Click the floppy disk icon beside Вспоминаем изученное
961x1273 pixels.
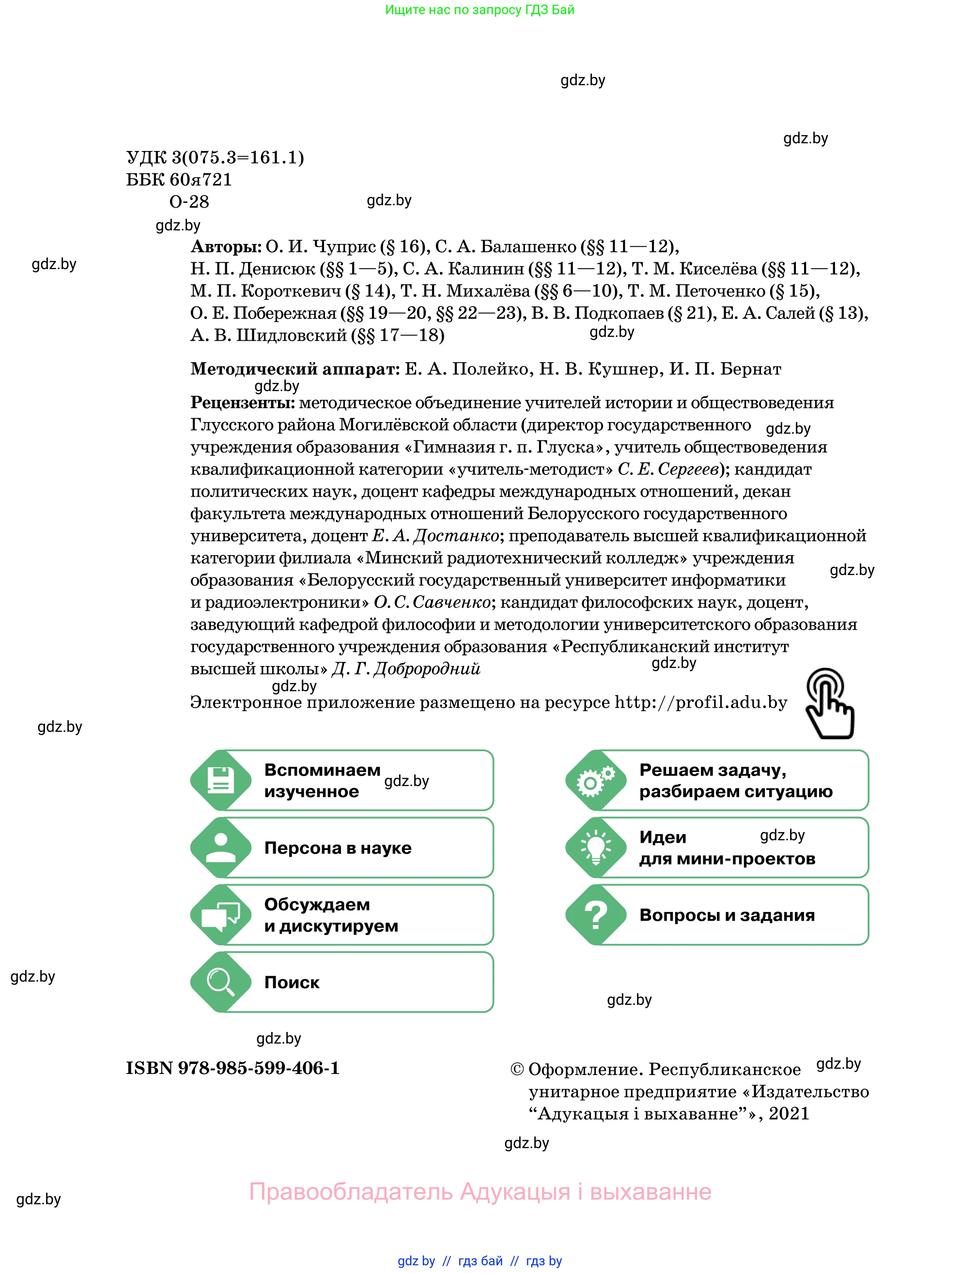click(220, 780)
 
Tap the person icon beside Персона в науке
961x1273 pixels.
click(220, 847)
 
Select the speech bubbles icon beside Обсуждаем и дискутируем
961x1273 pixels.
click(220, 914)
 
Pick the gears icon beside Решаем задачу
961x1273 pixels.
click(596, 780)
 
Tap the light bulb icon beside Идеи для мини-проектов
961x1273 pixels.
click(596, 847)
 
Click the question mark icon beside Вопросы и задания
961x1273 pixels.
click(596, 914)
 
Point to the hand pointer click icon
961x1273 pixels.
click(829, 703)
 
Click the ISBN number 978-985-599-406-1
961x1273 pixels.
click(259, 1068)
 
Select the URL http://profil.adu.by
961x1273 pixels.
click(701, 703)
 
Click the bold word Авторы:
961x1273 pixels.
click(226, 247)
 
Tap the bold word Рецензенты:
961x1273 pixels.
click(242, 403)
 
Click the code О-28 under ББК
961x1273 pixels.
click(189, 202)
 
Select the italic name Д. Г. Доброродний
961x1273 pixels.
click(406, 669)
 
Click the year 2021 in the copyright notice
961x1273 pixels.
click(789, 1114)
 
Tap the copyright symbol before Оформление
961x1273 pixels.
click(517, 1069)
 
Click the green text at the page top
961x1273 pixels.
click(480, 10)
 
